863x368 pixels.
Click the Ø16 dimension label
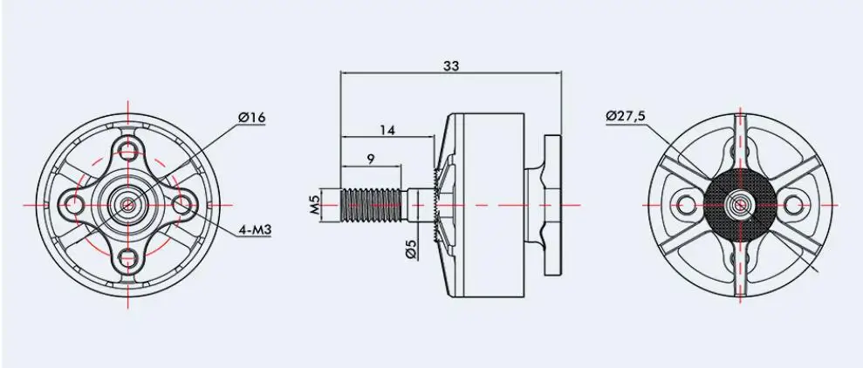(x=251, y=117)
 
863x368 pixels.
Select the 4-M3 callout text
(x=255, y=230)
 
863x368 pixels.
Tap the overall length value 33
(x=451, y=65)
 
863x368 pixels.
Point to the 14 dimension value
(x=387, y=130)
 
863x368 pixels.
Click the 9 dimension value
(x=371, y=159)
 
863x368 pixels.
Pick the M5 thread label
(x=314, y=205)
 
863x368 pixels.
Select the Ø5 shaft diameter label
(x=412, y=249)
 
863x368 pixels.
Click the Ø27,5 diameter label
(x=626, y=116)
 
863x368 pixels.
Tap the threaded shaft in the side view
(x=373, y=205)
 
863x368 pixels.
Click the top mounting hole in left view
(x=127, y=150)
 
